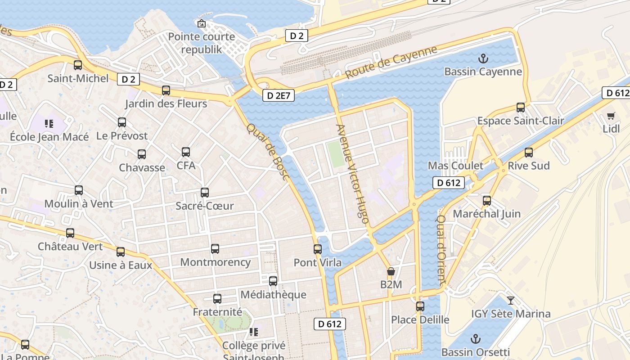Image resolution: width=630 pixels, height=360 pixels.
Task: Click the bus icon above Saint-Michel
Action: coord(78,65)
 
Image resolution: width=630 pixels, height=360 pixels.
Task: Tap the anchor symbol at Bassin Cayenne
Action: coord(483,58)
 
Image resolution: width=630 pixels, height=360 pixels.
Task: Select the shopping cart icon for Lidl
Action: coord(611,116)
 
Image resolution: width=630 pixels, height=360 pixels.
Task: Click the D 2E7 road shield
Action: coord(279,95)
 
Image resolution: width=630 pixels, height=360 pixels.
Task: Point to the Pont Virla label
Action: coord(317,262)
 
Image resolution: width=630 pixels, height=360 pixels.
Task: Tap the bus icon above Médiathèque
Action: coord(273,281)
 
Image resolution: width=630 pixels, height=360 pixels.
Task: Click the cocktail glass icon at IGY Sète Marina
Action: coord(511,300)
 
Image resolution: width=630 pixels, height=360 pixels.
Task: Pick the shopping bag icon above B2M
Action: coord(391,272)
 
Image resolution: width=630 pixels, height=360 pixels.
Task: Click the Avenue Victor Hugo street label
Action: coord(353,174)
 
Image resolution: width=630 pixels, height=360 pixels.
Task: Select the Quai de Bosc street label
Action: coord(267,152)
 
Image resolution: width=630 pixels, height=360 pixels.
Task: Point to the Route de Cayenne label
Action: coord(391,62)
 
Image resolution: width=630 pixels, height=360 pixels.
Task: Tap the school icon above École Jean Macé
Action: coord(49,123)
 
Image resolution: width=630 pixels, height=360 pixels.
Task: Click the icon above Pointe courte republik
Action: coord(201,23)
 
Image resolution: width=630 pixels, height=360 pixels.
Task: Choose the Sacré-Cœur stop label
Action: coord(204,206)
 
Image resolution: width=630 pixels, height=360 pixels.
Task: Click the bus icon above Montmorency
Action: coord(215,249)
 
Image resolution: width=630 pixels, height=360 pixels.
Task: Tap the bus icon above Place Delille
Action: coord(420,306)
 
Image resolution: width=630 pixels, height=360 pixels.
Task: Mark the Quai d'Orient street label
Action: coord(441,250)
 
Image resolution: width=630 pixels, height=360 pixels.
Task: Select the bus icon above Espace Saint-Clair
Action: coord(521,108)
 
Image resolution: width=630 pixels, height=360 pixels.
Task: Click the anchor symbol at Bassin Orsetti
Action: coord(476,339)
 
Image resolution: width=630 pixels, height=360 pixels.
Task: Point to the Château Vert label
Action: coord(70,247)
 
